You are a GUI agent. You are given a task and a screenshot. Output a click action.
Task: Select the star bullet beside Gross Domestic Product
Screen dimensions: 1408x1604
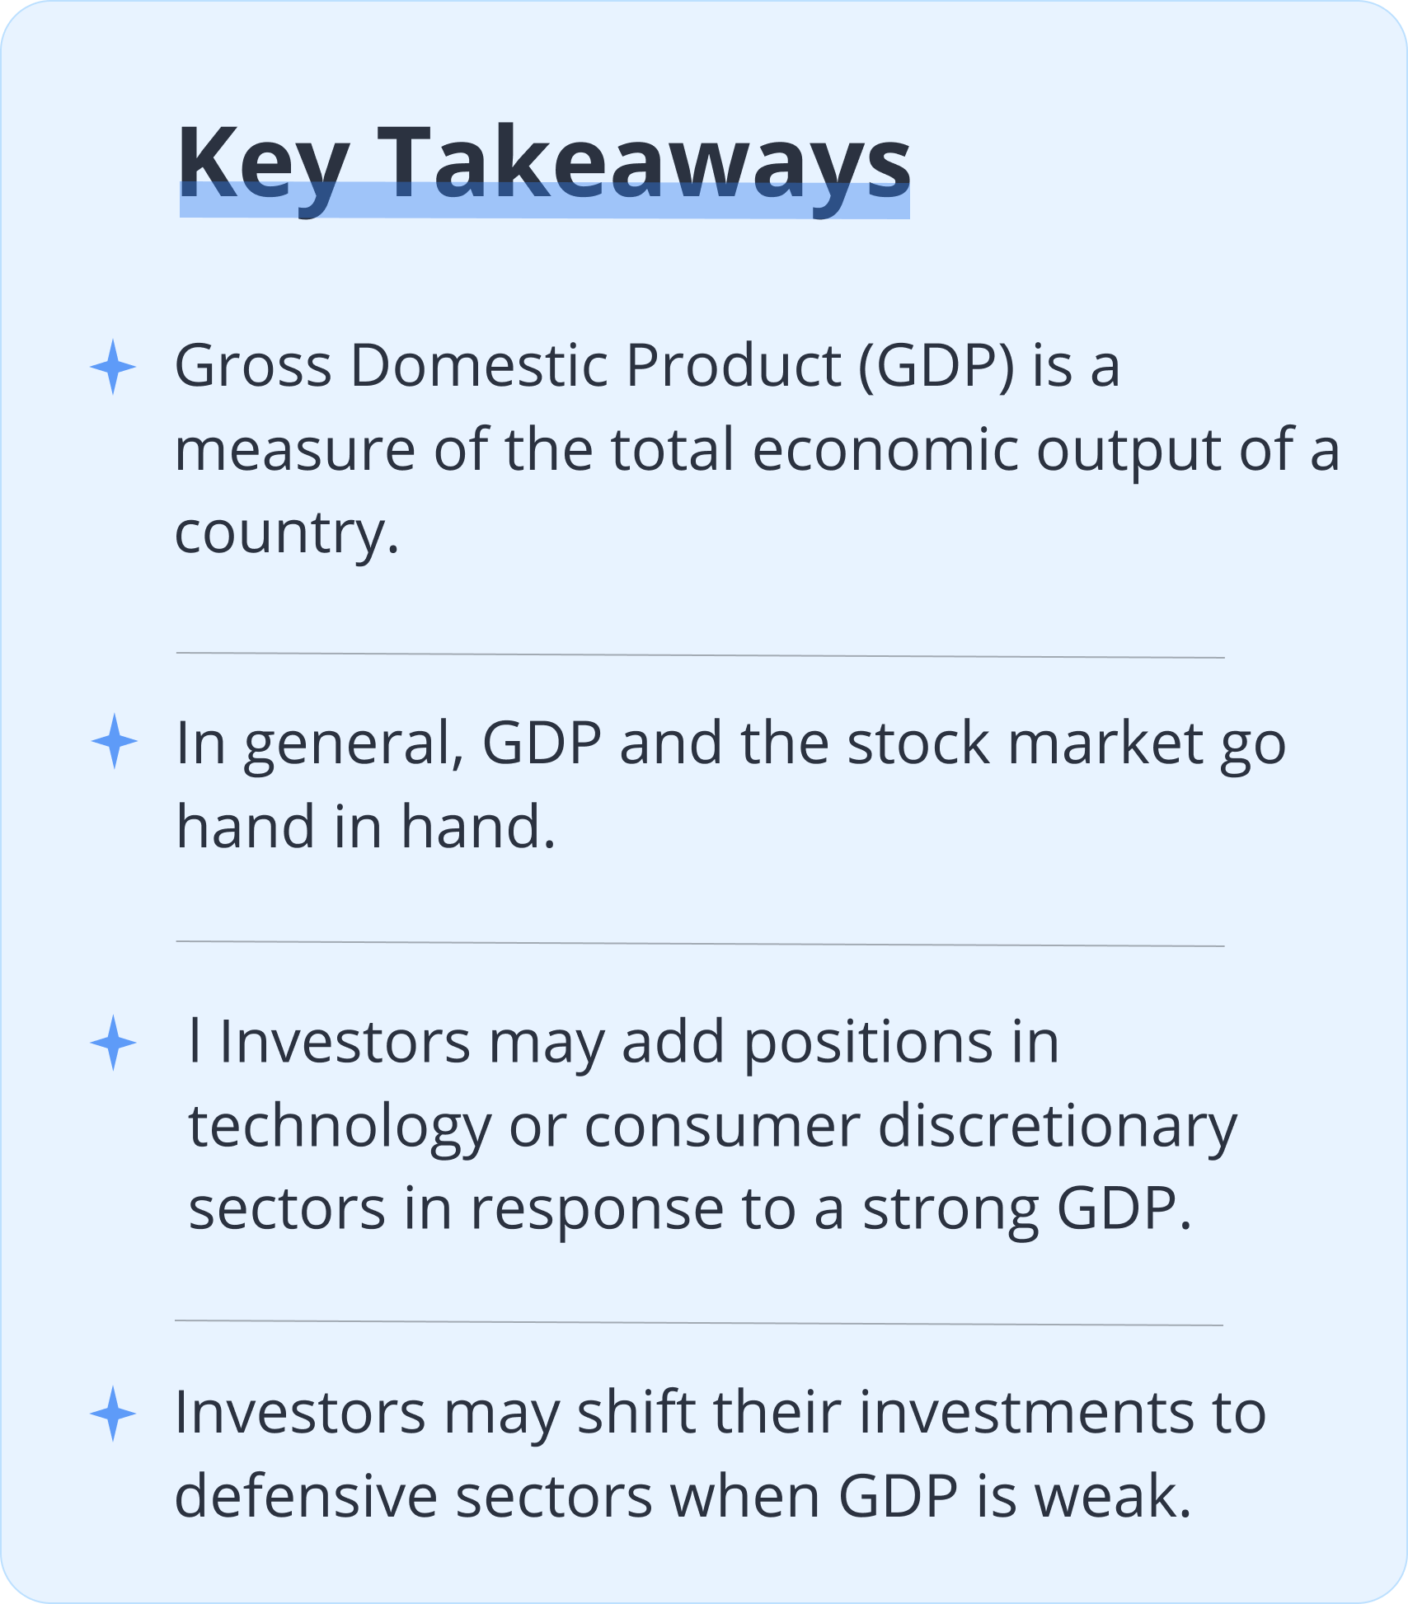pyautogui.click(x=113, y=367)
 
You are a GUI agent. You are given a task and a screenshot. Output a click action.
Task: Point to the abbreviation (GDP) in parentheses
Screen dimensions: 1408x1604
pyautogui.click(x=936, y=367)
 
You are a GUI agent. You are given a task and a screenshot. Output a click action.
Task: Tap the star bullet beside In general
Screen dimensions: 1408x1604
pyautogui.click(x=114, y=741)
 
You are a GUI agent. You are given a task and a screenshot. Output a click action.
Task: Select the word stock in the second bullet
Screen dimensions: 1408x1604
pyautogui.click(x=918, y=743)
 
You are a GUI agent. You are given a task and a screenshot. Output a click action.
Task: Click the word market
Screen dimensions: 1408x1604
pyautogui.click(x=1105, y=743)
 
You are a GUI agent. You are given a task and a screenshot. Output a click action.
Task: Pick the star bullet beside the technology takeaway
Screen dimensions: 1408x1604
pyautogui.click(x=113, y=1043)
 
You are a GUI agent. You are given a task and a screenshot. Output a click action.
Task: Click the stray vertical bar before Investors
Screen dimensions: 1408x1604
pyautogui.click(x=195, y=1041)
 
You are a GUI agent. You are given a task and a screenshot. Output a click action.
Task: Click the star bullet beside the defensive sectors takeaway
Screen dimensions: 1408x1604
pyautogui.click(x=113, y=1414)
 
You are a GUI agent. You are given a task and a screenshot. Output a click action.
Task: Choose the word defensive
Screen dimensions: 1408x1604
pyautogui.click(x=307, y=1496)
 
